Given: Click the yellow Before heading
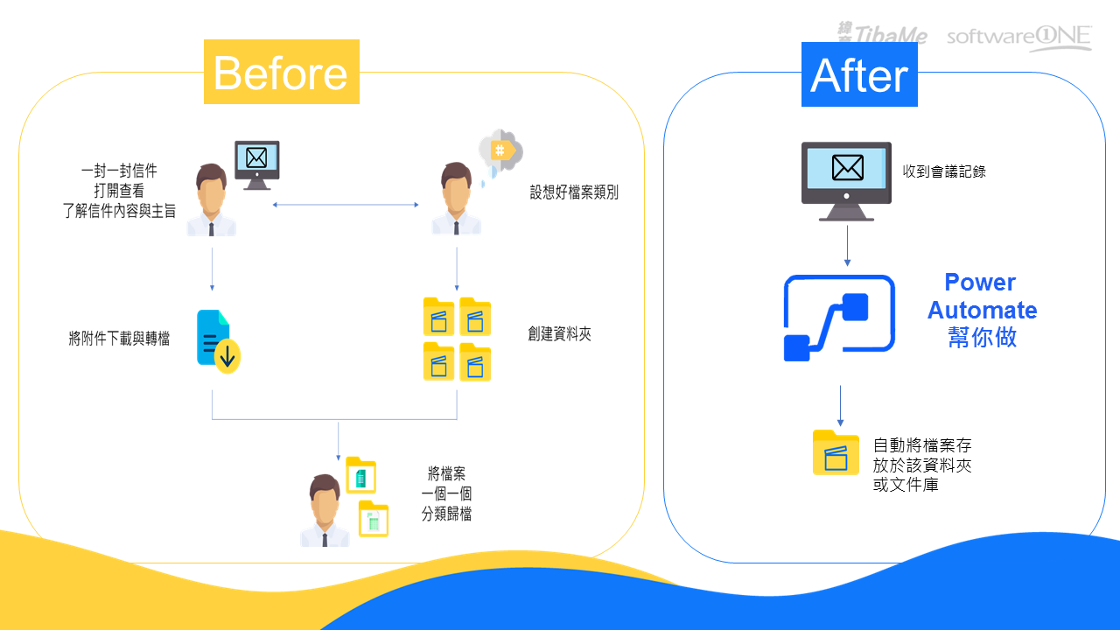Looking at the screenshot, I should click(281, 73).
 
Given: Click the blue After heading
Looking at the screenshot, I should click(859, 75).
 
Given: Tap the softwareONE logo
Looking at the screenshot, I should click(1018, 38).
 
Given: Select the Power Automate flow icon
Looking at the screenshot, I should click(839, 318).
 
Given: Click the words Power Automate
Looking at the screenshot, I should click(982, 297).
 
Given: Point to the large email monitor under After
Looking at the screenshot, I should click(846, 180).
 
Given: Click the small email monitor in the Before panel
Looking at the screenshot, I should click(256, 164).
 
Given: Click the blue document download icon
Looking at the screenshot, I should click(218, 341).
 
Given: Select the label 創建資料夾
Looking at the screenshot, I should click(559, 333).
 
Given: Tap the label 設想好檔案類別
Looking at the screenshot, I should click(573, 192).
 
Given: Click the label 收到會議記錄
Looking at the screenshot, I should click(944, 171).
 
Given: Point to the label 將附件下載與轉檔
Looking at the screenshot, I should click(119, 339).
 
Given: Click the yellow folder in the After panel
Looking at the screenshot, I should click(836, 452).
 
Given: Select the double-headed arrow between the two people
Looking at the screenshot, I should click(346, 205).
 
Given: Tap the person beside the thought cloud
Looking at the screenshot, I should click(455, 199).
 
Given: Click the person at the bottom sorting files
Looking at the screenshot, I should click(324, 511).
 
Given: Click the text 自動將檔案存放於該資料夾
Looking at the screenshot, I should click(922, 464).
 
